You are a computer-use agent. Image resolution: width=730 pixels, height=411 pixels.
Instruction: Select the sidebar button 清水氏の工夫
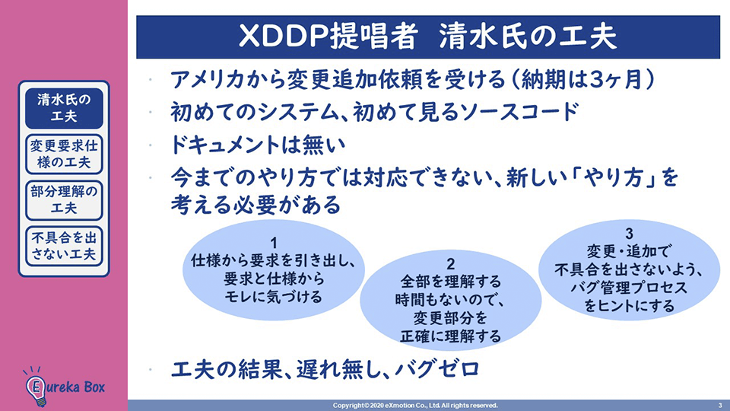[64, 108]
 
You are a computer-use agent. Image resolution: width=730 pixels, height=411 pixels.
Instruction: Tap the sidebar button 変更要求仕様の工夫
[64, 155]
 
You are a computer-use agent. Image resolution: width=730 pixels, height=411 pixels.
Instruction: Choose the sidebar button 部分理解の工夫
[64, 200]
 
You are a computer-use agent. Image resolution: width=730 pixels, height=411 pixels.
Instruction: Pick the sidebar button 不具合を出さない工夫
[64, 246]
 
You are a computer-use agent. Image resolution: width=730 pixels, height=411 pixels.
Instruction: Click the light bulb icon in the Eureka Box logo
[36, 387]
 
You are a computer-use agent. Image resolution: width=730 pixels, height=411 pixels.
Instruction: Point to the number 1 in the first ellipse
[274, 244]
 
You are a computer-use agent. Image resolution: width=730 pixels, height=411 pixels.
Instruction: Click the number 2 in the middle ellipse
[450, 264]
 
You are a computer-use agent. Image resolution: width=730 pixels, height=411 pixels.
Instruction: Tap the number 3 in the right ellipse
[629, 234]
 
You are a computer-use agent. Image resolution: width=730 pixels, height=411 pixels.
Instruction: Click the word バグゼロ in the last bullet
[436, 370]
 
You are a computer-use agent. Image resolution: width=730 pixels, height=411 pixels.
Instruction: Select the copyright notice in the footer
[415, 406]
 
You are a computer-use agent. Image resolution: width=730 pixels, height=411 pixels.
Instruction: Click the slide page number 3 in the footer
[720, 406]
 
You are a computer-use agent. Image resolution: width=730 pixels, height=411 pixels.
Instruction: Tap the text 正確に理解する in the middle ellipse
[450, 336]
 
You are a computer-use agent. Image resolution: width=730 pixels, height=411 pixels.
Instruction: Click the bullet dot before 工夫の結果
[150, 371]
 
